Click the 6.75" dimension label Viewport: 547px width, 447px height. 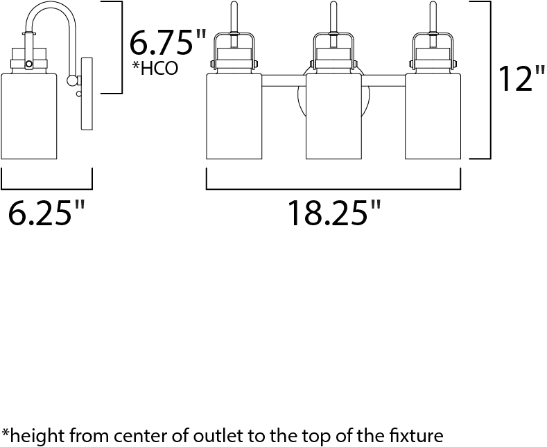168,42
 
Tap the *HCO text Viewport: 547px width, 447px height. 155,69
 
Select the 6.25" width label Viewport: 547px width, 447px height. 46,212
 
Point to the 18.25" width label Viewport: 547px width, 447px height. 335,213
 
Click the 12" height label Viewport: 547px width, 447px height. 522,79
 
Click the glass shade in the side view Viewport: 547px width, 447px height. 28,116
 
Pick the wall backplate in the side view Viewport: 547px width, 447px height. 87,94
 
